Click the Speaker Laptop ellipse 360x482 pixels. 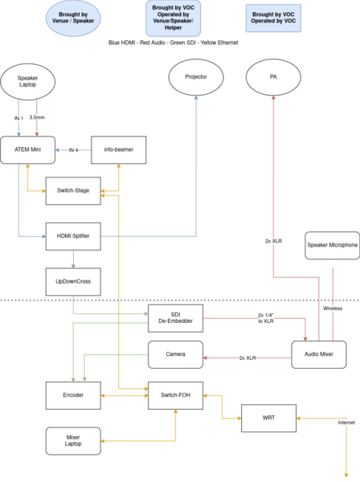pyautogui.click(x=27, y=82)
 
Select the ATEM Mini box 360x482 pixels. pyautogui.click(x=27, y=150)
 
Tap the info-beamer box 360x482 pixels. pyautogui.click(x=119, y=150)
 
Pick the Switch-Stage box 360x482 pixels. pyautogui.click(x=73, y=191)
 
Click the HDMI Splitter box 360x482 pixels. pyautogui.click(x=73, y=236)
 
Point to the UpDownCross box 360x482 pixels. pyautogui.click(x=73, y=282)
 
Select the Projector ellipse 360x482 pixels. pyautogui.click(x=196, y=77)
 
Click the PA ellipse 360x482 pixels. pyautogui.click(x=273, y=77)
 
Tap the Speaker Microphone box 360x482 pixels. pyautogui.click(x=333, y=245)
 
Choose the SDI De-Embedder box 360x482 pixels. pyautogui.click(x=175, y=318)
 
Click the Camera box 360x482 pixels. pyautogui.click(x=175, y=354)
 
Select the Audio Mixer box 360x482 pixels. pyautogui.click(x=319, y=354)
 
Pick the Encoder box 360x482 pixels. pyautogui.click(x=73, y=395)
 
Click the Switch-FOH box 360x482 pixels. pyautogui.click(x=175, y=395)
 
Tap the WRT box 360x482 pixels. pyautogui.click(x=268, y=419)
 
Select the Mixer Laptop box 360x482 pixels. pyautogui.click(x=73, y=441)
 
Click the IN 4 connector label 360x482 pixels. pyautogui.click(x=73, y=150)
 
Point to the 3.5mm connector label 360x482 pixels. pyautogui.click(x=37, y=117)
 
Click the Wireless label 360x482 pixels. pyautogui.click(x=333, y=308)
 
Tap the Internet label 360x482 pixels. pyautogui.click(x=346, y=423)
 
